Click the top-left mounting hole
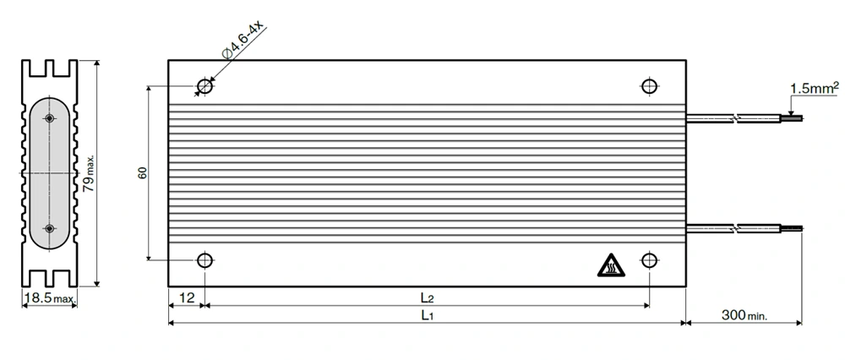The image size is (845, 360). pos(204,86)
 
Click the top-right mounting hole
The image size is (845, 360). pos(649,86)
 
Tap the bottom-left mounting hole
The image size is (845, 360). pos(204,260)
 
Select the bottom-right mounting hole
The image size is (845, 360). pos(649,260)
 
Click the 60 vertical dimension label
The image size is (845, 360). pos(144,173)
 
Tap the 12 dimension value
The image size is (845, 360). pos(187,298)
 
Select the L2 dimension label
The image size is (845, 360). pos(427,298)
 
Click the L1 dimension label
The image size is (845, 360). pos(427,316)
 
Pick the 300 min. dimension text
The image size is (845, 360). pos(744,315)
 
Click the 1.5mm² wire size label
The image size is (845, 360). pos(814,87)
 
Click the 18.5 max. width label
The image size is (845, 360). pos(50,298)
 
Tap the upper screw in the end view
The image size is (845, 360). pos(49,119)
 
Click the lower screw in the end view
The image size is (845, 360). pos(49,228)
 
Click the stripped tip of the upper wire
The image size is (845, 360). pos(795,119)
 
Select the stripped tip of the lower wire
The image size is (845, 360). pos(795,228)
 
